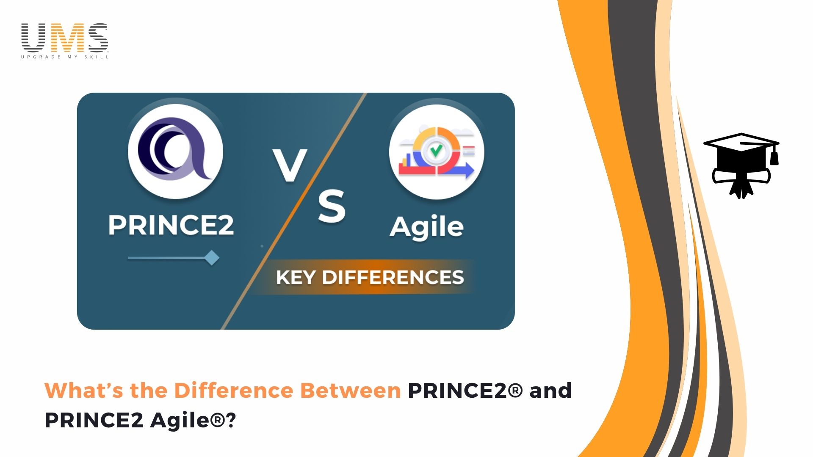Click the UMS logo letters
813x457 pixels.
65,37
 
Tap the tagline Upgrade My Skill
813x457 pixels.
65,57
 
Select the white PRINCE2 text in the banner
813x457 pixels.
171,225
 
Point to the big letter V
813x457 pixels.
290,165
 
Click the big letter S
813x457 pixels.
332,206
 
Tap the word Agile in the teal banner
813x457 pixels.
427,228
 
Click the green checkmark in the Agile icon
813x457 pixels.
436,150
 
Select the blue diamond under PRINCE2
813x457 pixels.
212,258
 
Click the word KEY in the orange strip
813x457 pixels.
296,278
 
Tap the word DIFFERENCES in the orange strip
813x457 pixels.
393,278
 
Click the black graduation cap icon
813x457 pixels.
741,165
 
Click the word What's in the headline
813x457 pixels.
84,390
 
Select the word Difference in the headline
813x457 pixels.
234,390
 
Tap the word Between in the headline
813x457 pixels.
350,390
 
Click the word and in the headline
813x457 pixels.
550,390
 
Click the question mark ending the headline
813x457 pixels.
231,420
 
